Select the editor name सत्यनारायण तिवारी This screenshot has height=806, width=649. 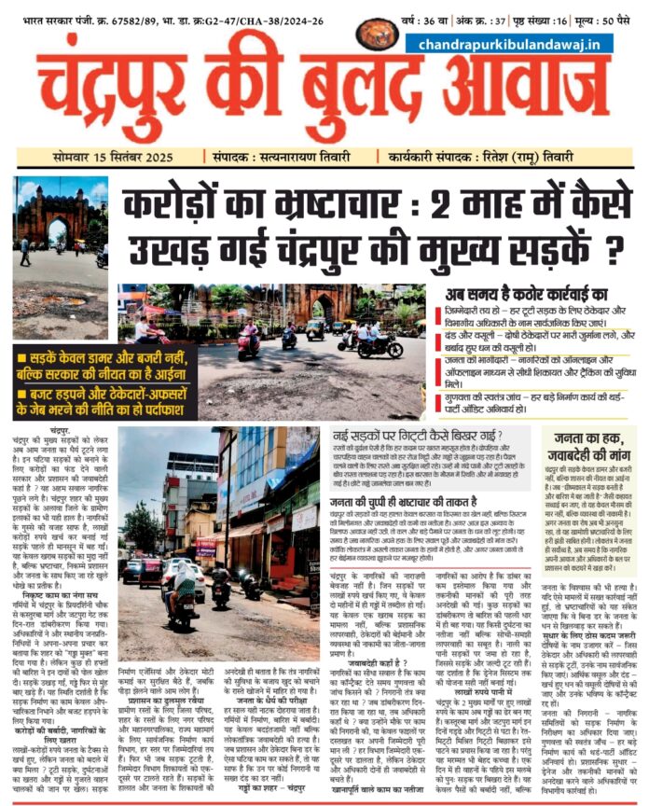(x=287, y=158)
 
